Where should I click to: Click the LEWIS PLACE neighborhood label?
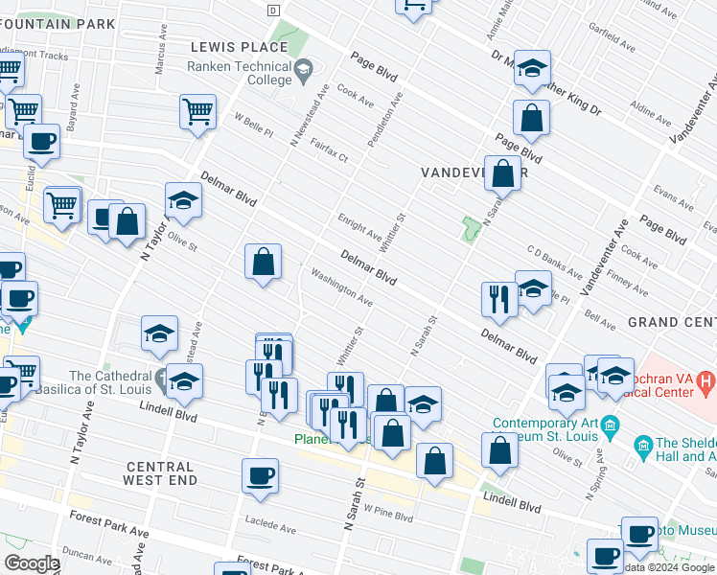239,47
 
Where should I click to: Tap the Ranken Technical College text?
240,74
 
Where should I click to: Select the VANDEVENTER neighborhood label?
474,172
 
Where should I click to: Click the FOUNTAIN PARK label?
58,23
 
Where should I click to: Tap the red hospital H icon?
707,385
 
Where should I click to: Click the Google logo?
32,563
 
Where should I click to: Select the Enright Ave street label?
358,228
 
